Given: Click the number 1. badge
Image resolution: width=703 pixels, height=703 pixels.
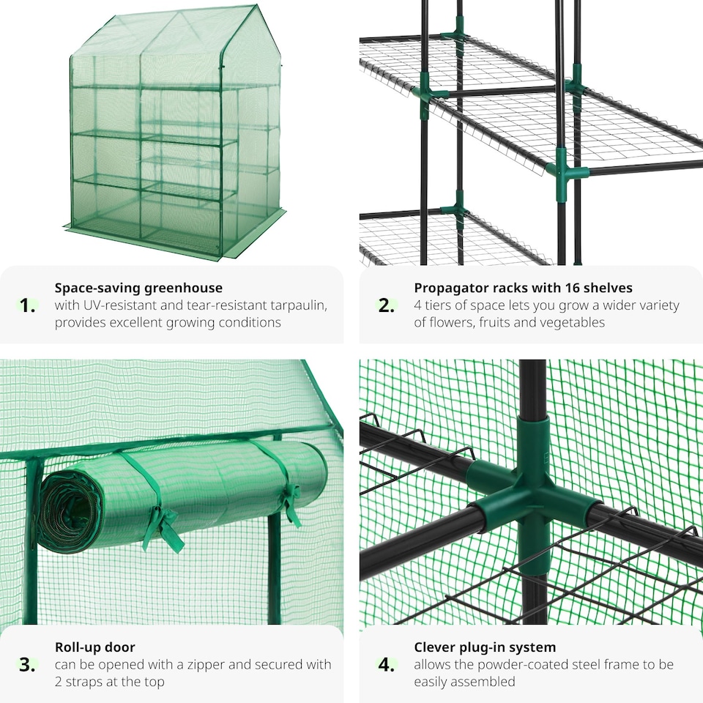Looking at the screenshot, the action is tap(28, 306).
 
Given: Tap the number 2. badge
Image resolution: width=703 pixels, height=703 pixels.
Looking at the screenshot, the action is tap(387, 306).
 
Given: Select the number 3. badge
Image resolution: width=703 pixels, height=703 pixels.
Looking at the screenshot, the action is tap(28, 665).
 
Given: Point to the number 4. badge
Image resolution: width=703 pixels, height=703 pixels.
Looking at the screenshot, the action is tap(387, 665).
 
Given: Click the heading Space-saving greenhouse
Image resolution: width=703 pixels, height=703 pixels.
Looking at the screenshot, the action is tap(138, 288).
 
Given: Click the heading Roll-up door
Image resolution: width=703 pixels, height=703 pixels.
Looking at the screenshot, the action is tap(94, 647).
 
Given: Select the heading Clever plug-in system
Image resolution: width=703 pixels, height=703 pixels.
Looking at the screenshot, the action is tap(485, 647).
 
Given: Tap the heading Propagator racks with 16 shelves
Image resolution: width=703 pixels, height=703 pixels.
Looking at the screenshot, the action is tap(523, 288).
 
